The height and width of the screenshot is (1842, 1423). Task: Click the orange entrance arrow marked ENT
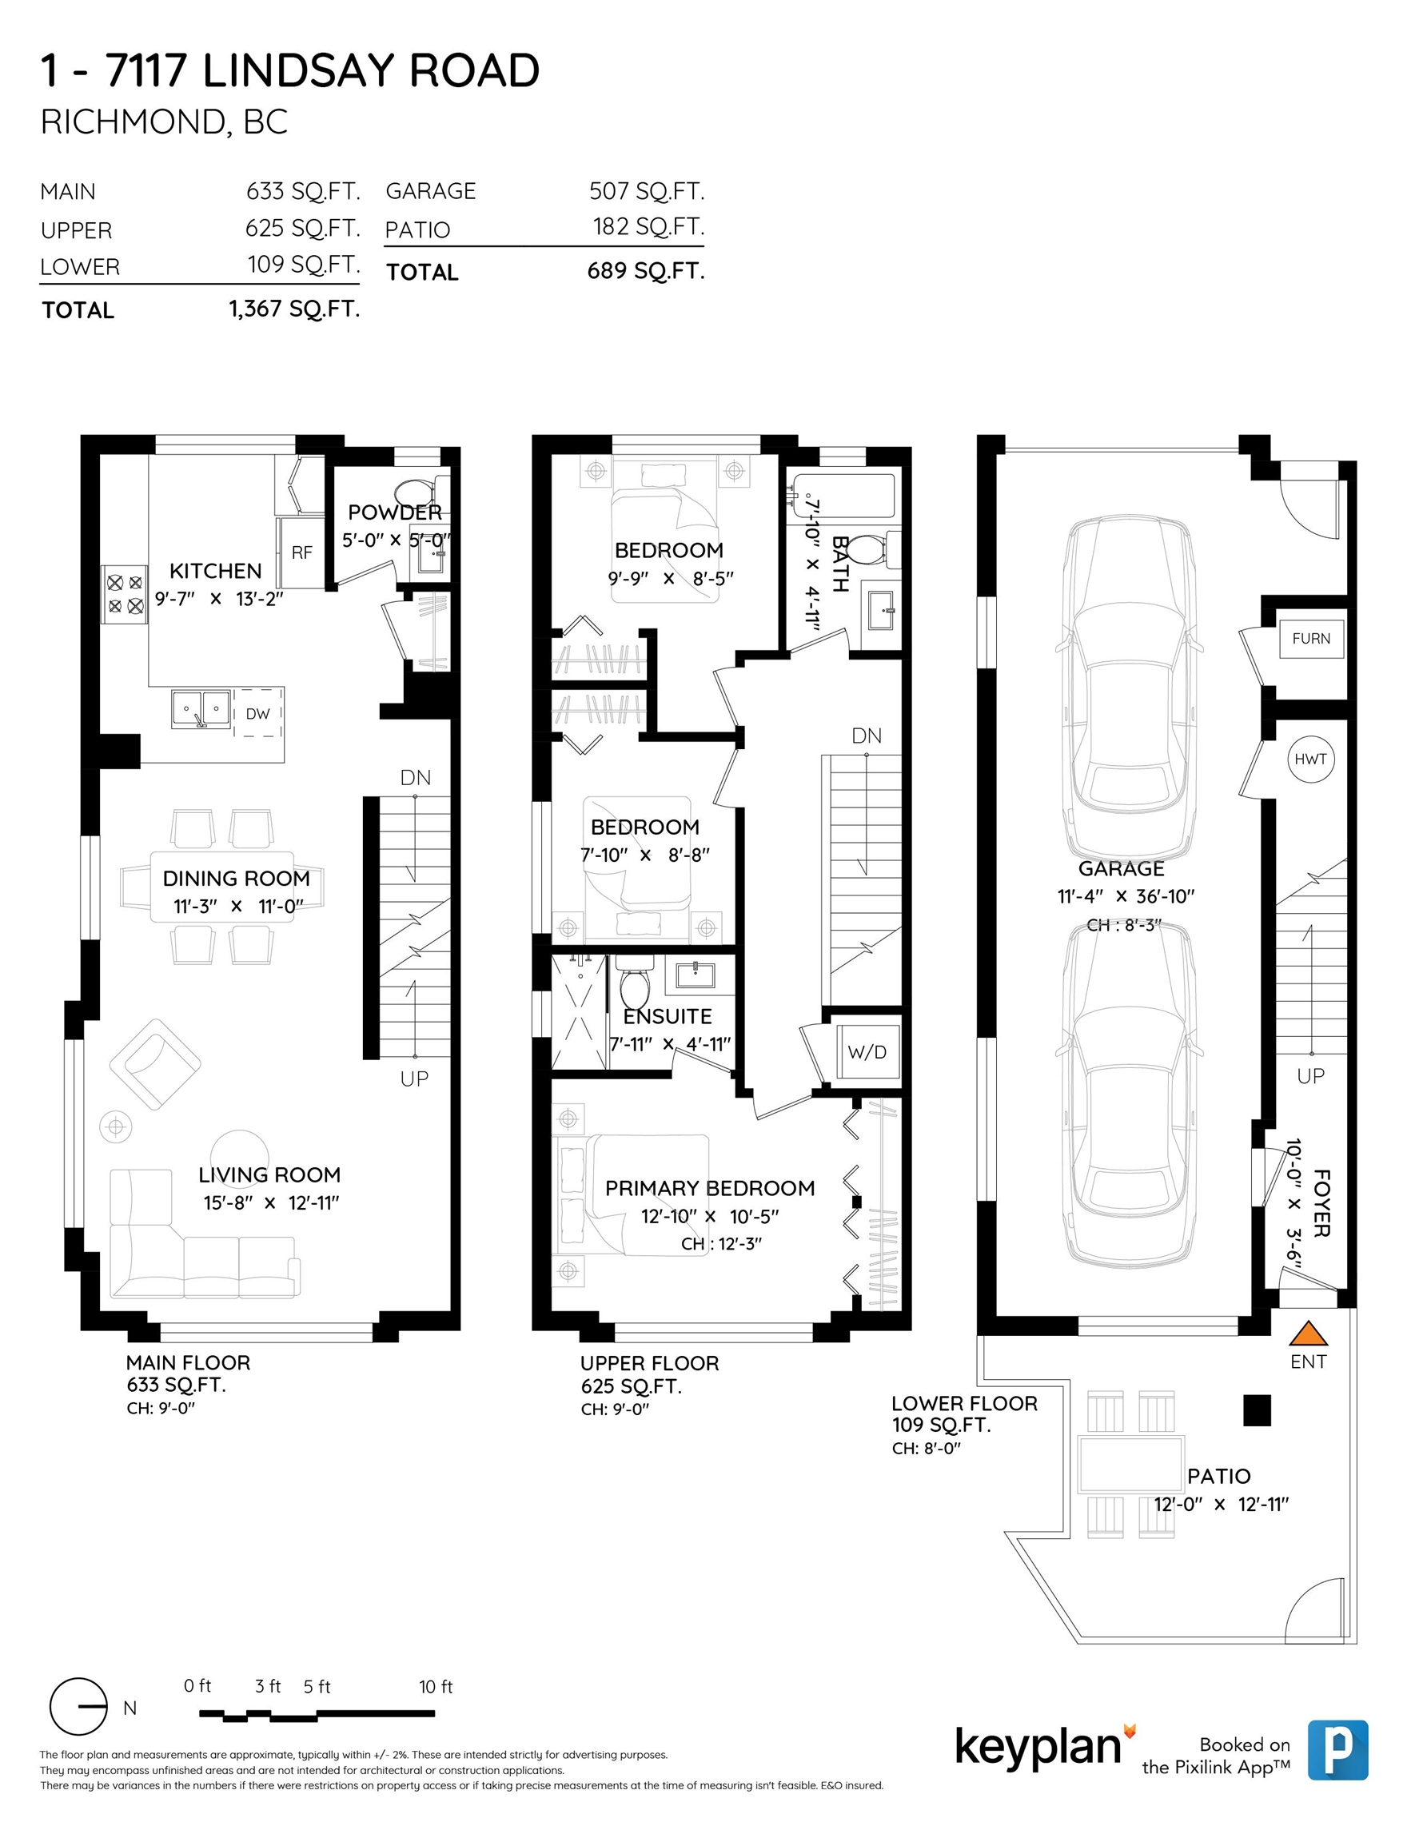pos(1309,1333)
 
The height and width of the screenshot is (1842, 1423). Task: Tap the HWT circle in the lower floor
pos(1311,759)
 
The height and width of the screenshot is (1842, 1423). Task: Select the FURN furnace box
pos(1311,639)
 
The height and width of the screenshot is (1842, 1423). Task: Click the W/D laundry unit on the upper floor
pos(867,1052)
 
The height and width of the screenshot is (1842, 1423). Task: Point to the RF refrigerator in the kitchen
pos(301,552)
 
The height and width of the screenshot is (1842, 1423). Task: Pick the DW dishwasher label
pos(258,713)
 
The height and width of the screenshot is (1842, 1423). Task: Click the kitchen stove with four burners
pos(125,594)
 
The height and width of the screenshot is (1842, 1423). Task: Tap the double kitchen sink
pos(201,709)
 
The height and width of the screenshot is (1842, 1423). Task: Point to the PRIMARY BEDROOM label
pos(709,1188)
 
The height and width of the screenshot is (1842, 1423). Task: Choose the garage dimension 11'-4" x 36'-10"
pos(1126,896)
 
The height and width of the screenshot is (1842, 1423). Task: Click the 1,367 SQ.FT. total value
pos(294,309)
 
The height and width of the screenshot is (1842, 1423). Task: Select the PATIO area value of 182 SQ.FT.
pos(648,227)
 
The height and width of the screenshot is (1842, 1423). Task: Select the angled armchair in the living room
pos(155,1064)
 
